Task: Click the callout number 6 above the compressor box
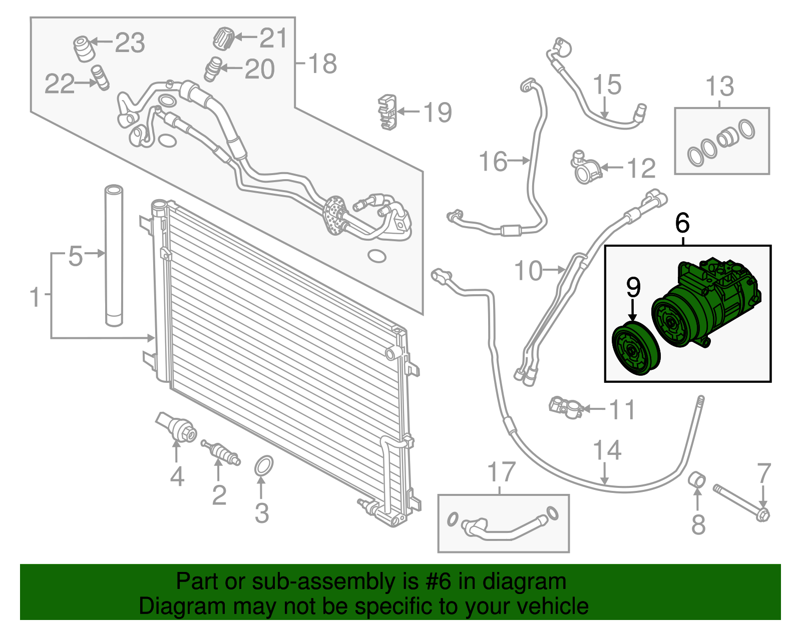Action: point(682,223)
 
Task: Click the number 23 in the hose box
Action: point(130,43)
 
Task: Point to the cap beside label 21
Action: point(224,38)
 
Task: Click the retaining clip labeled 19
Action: point(387,111)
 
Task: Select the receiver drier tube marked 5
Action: point(114,255)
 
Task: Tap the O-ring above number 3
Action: point(264,465)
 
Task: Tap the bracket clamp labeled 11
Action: point(565,406)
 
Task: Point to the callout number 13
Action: point(719,86)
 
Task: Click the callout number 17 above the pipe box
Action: point(501,472)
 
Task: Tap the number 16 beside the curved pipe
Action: point(493,161)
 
